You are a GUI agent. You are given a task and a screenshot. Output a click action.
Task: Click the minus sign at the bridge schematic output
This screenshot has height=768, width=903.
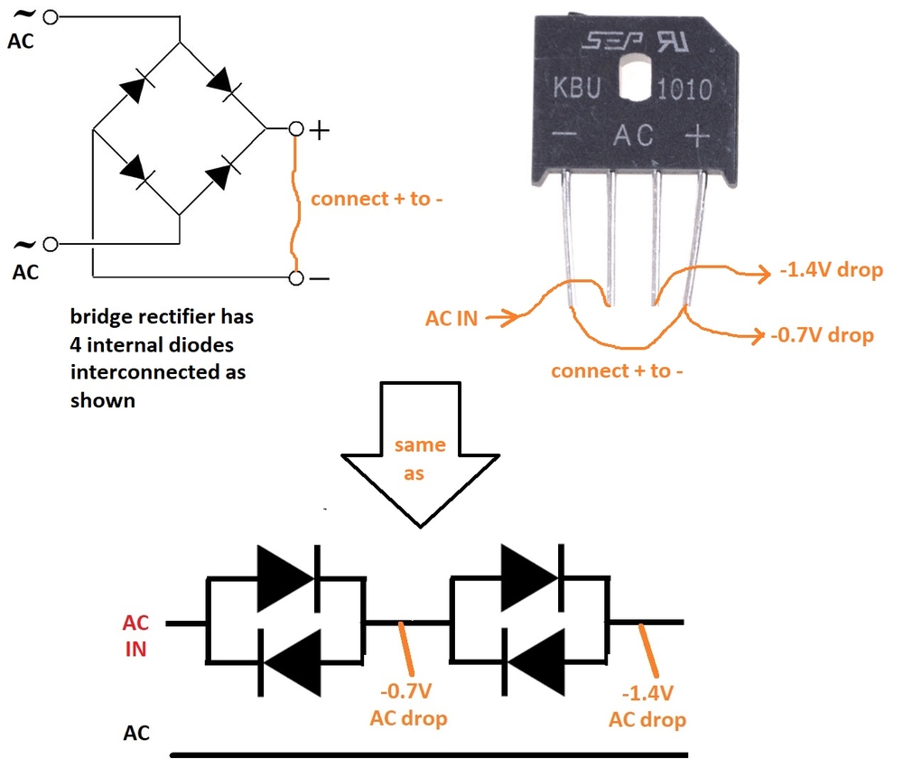click(x=320, y=278)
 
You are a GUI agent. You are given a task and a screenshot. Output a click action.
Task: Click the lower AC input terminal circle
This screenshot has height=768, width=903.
click(x=50, y=244)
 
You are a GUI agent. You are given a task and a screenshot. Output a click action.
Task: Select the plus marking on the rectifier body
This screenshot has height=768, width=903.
click(x=697, y=136)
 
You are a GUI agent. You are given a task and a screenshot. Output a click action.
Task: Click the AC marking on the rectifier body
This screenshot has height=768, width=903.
click(x=634, y=136)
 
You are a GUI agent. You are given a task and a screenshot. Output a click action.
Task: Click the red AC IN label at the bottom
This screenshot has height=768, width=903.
click(x=136, y=635)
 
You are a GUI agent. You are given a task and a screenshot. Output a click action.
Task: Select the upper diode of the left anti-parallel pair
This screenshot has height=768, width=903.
click(x=286, y=578)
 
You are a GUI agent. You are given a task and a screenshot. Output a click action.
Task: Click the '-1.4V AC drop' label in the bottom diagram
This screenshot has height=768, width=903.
click(x=647, y=707)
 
